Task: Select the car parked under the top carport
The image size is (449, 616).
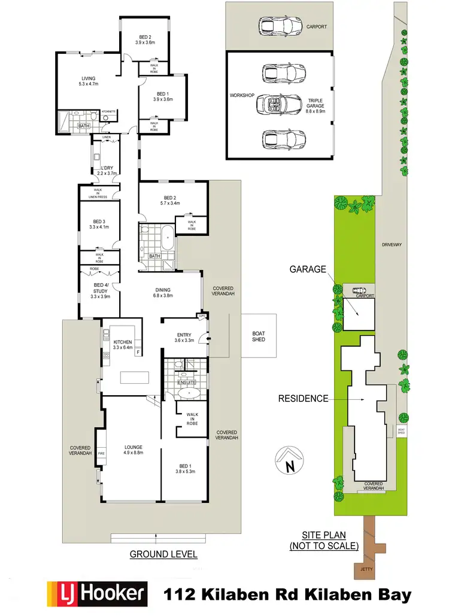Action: (281, 26)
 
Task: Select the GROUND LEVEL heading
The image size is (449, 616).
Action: (163, 554)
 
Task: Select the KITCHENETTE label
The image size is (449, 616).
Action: (108, 111)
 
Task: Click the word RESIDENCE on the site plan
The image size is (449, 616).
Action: (304, 397)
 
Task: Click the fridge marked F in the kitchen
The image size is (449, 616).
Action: (138, 352)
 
